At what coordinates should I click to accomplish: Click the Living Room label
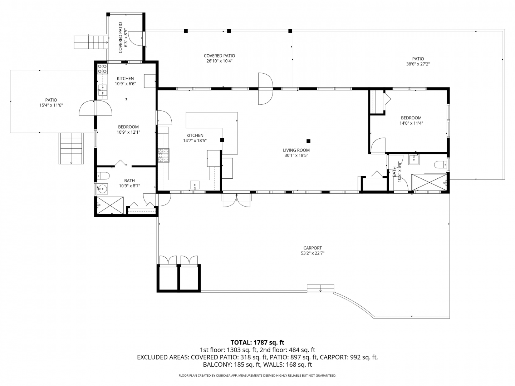tap(296, 150)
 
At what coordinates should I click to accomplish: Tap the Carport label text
tap(313, 248)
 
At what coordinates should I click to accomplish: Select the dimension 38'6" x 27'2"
tap(418, 64)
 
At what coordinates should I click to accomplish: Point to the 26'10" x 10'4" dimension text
tap(219, 61)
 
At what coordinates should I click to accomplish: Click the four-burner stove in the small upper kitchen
tap(103, 69)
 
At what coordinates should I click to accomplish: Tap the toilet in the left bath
tap(103, 175)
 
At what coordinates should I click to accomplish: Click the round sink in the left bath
tap(102, 188)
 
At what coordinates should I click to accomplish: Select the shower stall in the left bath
tap(110, 205)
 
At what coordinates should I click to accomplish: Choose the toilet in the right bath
tap(440, 164)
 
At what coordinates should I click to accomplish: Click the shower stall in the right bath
tap(429, 182)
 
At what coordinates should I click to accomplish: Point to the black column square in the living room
tap(309, 141)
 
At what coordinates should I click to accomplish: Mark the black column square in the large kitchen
tap(222, 140)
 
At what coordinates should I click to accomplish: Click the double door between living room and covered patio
tap(266, 89)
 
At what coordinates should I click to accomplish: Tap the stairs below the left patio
tap(71, 148)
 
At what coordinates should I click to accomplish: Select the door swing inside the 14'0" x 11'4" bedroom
tap(378, 145)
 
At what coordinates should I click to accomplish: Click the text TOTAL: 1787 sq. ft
tap(257, 343)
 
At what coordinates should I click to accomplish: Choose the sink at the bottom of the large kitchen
tap(195, 185)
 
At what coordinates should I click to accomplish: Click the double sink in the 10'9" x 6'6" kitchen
tap(103, 90)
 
